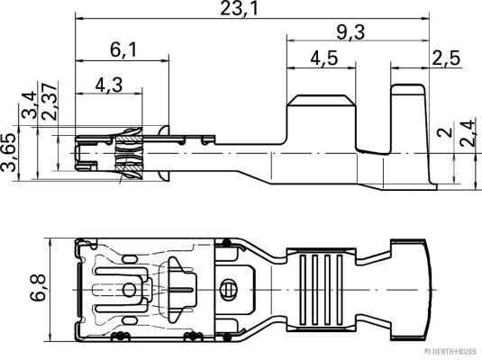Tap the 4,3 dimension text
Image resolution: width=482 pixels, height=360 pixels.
point(108,86)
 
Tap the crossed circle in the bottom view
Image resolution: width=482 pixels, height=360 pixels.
point(228,290)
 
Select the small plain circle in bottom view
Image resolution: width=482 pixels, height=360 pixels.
point(127,290)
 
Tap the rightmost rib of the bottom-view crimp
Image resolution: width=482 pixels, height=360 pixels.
point(341,291)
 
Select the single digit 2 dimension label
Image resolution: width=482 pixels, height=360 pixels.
point(441,132)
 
